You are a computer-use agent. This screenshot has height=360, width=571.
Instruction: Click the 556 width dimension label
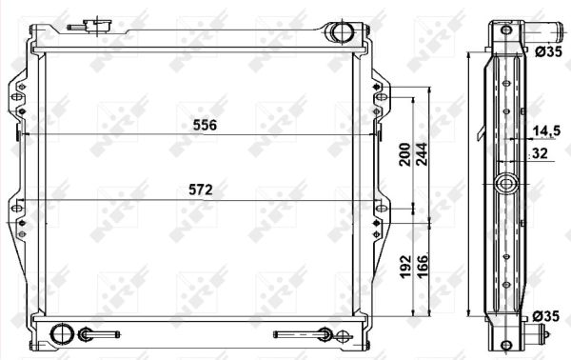pyautogui.click(x=206, y=125)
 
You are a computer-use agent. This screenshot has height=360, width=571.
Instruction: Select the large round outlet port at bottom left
pyautogui.click(x=62, y=333)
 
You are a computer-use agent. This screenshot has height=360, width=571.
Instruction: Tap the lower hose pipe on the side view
pyautogui.click(x=541, y=334)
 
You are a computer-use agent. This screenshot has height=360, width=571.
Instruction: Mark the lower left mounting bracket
pyautogui.click(x=20, y=218)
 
